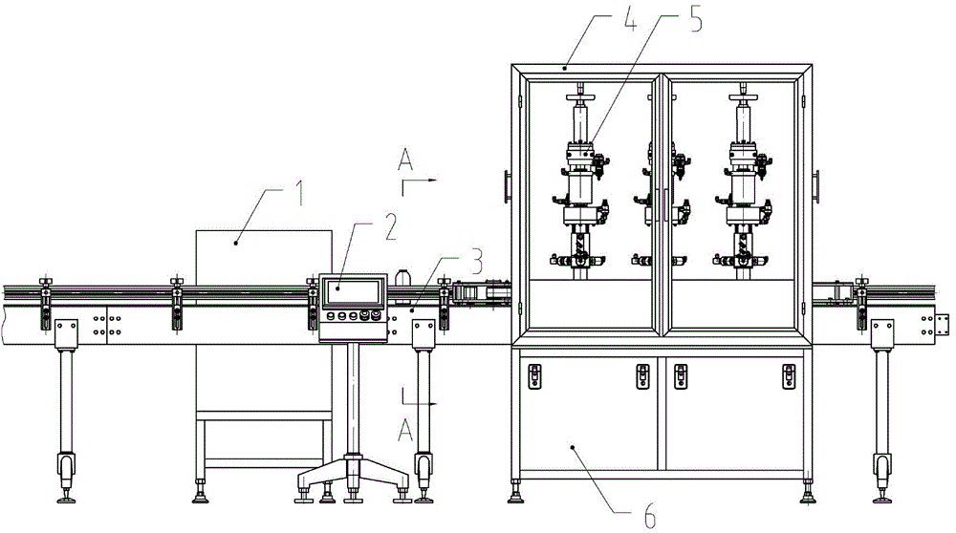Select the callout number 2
(x=390, y=226)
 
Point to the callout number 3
(x=476, y=261)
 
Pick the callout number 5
(x=696, y=17)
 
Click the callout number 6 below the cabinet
(x=650, y=517)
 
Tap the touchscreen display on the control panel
(x=353, y=292)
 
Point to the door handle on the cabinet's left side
(x=508, y=186)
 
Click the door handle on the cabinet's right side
(x=815, y=186)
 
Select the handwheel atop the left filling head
(x=580, y=97)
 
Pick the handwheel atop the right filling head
(x=743, y=97)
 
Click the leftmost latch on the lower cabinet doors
(x=534, y=376)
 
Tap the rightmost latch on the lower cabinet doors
(x=789, y=376)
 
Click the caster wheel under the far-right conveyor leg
(x=881, y=468)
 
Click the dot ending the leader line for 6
(x=573, y=448)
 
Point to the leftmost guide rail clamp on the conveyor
(x=45, y=303)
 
